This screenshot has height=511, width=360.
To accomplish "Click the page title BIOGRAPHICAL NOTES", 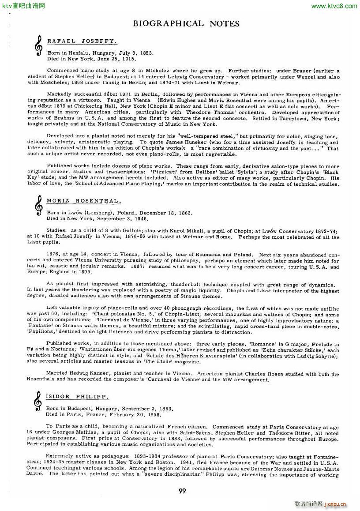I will [186, 23].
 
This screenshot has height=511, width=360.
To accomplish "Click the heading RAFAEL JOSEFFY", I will [82, 41].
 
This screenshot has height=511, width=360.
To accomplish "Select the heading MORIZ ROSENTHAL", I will [83, 201].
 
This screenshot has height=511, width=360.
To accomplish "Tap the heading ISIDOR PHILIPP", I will [78, 396].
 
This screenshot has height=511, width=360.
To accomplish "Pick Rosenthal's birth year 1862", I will [184, 212].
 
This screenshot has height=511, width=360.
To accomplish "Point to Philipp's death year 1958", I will [153, 414].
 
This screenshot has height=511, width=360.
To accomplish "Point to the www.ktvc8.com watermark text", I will [334, 6].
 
